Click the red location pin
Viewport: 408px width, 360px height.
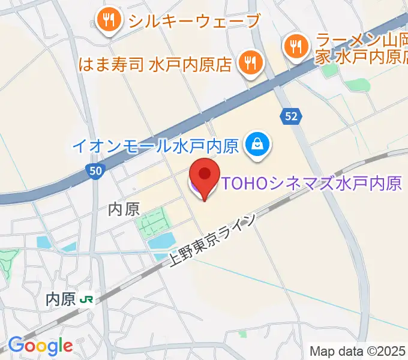coord(205,177)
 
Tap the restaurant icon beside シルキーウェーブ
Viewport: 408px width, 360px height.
coord(109,21)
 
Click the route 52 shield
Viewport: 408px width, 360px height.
coord(291,116)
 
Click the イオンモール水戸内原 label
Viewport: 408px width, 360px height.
coord(156,145)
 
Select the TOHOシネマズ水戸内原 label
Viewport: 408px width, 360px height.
coord(311,183)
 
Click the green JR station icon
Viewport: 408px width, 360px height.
coord(88,299)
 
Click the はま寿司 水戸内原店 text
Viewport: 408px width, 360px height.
coord(155,64)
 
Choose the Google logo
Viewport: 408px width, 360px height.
coord(40,346)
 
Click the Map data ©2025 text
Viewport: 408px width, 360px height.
coord(358,350)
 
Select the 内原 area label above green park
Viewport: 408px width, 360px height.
coord(124,208)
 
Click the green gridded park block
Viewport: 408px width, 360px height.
coord(154,221)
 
